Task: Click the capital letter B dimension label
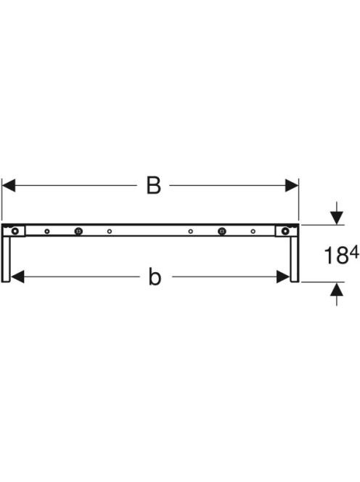[153, 185]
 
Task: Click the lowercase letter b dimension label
[155, 277]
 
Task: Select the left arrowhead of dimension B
[8, 185]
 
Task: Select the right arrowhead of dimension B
[292, 185]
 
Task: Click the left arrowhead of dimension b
[17, 277]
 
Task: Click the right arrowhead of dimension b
[283, 277]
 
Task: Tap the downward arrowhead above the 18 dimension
[337, 218]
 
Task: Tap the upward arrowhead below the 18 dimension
[337, 289]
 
